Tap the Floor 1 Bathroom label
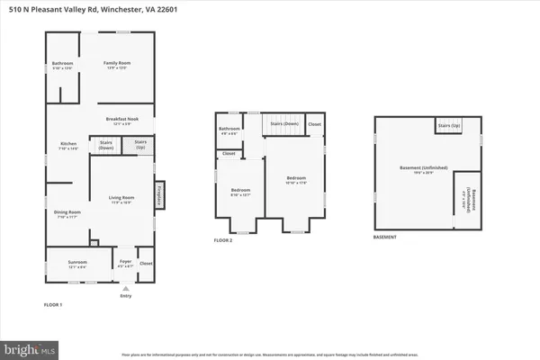click(x=62, y=65)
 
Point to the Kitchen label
click(x=68, y=146)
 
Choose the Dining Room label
click(x=68, y=213)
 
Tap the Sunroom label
click(x=77, y=264)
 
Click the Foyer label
click(x=125, y=264)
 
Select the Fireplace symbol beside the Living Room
click(x=160, y=194)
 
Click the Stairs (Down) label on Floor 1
click(x=105, y=144)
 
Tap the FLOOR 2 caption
click(x=223, y=240)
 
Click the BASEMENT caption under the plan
click(x=386, y=237)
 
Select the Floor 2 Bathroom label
click(x=229, y=130)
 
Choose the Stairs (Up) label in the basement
click(x=449, y=126)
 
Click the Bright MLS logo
click(x=30, y=346)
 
